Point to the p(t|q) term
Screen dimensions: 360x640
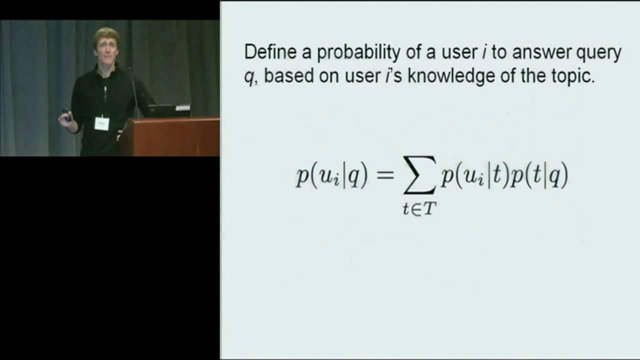tap(538, 176)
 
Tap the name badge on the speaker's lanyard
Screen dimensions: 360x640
tap(101, 122)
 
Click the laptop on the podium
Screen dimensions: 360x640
tap(168, 110)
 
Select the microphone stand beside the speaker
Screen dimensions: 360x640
tap(134, 92)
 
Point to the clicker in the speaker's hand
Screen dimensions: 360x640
tap(66, 115)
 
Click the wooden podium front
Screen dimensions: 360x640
tap(170, 137)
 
